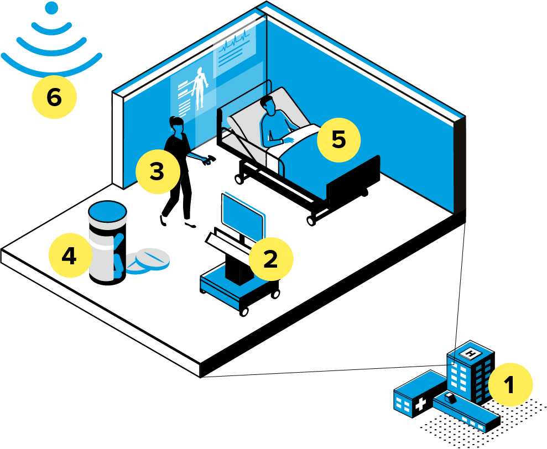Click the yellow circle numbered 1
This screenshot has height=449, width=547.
510,384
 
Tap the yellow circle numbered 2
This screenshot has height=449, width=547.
270,259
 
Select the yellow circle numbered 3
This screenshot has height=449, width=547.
158,171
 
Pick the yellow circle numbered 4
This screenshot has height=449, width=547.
70,256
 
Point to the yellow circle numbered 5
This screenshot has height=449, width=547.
338,140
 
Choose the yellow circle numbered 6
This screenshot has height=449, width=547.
54,97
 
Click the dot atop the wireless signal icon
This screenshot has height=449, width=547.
51,8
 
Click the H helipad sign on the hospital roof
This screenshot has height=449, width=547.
471,352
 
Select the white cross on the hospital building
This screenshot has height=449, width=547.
420,403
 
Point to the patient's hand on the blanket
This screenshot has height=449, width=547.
288,140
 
